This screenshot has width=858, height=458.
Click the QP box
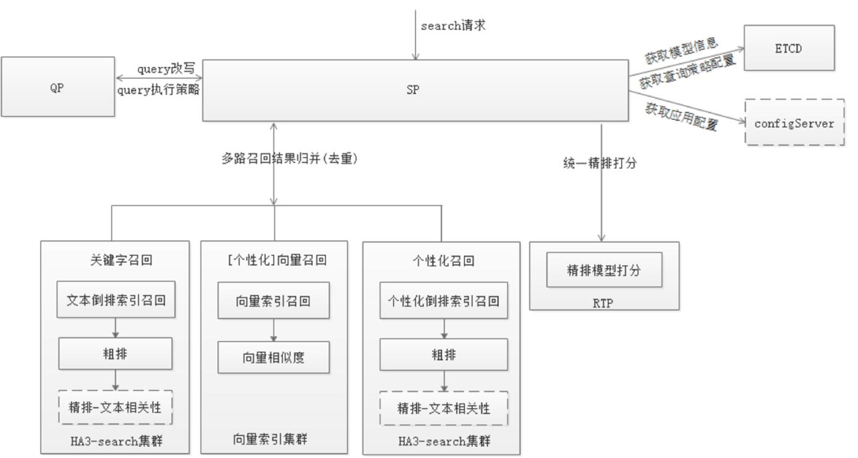point(57,87)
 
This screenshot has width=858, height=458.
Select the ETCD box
point(789,48)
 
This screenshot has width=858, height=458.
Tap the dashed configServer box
point(794,122)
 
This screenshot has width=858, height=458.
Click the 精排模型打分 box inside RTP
point(604,269)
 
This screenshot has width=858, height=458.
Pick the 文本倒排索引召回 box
point(116,300)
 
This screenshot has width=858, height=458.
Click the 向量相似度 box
point(273,357)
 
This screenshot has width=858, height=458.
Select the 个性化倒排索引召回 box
point(443,300)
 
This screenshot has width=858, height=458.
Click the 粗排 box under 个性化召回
point(443,355)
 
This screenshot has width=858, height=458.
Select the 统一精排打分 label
point(600,164)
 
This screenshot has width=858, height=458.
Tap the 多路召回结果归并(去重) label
point(290,158)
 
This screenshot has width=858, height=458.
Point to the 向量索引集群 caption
point(270,439)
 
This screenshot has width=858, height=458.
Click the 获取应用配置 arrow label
point(682,116)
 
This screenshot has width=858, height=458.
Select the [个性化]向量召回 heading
point(276,260)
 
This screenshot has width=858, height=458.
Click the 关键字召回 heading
point(121,260)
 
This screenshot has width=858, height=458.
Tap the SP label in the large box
point(413,90)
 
